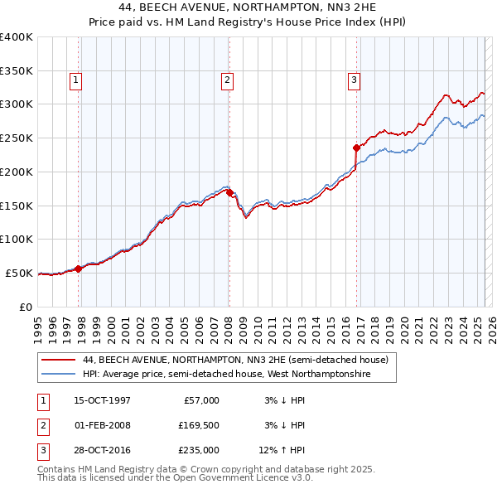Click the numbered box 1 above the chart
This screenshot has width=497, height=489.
(75, 80)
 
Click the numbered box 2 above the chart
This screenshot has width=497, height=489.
(226, 80)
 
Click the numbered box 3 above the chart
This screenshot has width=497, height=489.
(354, 80)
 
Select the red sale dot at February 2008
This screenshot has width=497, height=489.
(229, 192)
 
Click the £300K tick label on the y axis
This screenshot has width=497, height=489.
(17, 104)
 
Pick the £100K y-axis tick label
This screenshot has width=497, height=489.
(17, 239)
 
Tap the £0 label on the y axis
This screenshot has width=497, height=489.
(25, 307)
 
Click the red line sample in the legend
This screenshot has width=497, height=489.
(60, 360)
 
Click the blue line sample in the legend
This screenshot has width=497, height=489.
(60, 375)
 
